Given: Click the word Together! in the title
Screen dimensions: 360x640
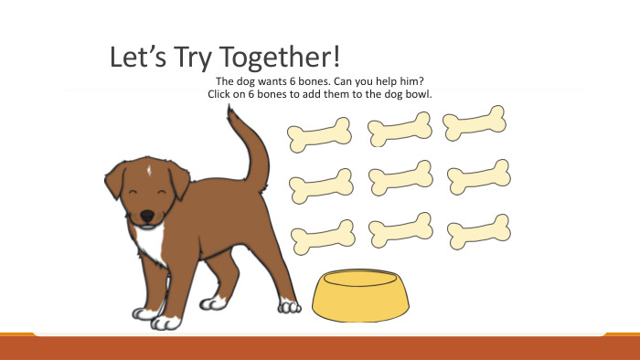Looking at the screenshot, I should click(273, 58).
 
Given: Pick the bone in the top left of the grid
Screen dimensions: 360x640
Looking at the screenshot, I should click(320, 134).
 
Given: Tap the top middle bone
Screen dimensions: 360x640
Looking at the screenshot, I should click(400, 129).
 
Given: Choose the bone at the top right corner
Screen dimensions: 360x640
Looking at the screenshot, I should click(475, 123).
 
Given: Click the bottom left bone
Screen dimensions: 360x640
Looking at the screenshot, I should click(323, 237).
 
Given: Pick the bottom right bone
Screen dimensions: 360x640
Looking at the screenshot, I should click(478, 231).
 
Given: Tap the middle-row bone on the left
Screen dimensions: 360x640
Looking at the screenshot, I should click(321, 185).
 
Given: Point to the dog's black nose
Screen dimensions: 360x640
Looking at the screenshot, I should click(146, 216).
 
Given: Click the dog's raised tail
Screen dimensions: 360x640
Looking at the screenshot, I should click(250, 146).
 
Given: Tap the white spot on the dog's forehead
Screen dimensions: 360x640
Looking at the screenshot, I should click(148, 168).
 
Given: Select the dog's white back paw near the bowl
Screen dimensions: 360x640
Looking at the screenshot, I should click(290, 305).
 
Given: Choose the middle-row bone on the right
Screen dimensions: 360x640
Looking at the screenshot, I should click(478, 176).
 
